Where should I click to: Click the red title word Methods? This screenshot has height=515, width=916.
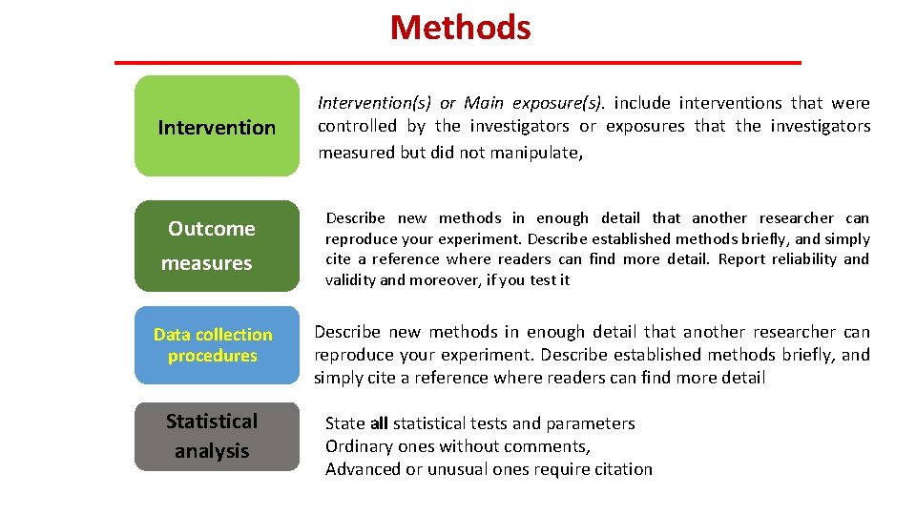pos(460,28)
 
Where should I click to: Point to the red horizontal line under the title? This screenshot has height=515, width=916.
pos(458,63)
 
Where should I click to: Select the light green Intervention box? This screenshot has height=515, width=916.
pos(217,127)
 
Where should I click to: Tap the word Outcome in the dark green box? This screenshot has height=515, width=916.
pos(212,229)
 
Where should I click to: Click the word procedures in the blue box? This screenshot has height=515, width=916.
pos(213,356)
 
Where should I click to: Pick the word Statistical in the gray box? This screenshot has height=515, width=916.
pos(212,422)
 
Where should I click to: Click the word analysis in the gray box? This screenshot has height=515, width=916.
pos(212,451)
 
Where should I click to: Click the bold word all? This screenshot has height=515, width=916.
pos(379,423)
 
